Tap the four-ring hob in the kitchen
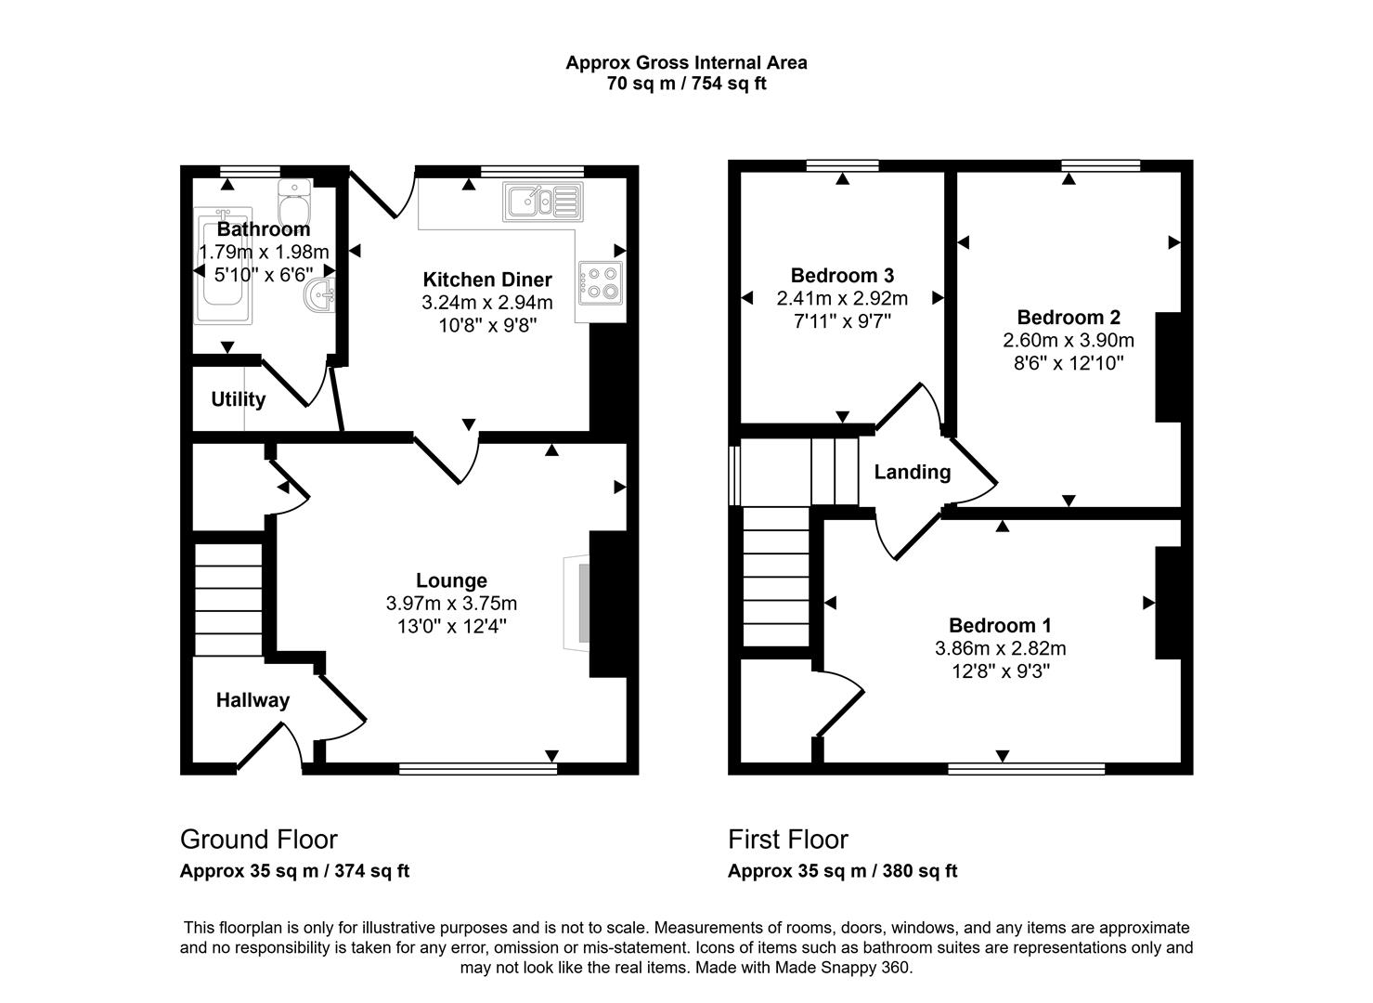click(600, 282)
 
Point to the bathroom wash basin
click(319, 296)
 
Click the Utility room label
click(238, 399)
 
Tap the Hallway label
click(253, 700)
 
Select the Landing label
click(912, 472)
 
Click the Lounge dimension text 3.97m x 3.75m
click(451, 604)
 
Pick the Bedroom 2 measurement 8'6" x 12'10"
click(1068, 363)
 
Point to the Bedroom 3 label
click(842, 275)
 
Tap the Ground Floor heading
click(258, 840)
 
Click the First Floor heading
click(787, 840)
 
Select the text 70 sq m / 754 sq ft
click(686, 84)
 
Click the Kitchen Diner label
click(486, 280)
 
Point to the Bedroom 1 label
click(1000, 625)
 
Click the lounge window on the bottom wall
click(478, 768)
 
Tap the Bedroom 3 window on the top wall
click(842, 166)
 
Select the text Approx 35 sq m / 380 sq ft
click(842, 871)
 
